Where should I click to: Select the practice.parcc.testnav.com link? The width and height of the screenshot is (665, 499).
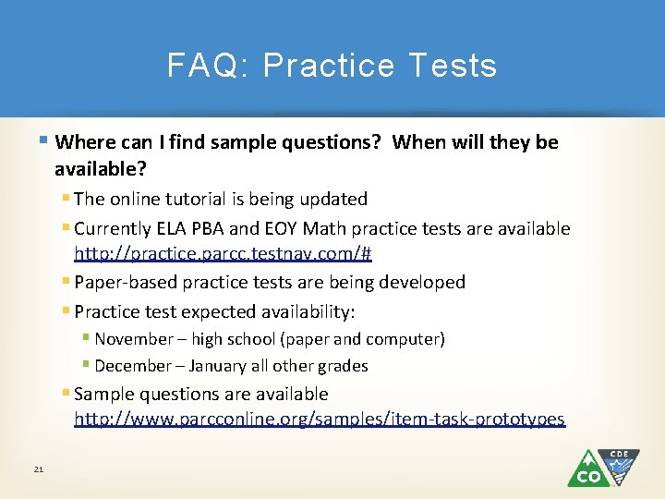[223, 253]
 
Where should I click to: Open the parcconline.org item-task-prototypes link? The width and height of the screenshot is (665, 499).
[319, 420]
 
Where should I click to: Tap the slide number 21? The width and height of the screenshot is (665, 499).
[39, 470]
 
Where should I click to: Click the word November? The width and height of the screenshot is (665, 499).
[134, 339]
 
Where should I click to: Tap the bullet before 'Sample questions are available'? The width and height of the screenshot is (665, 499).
[66, 394]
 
